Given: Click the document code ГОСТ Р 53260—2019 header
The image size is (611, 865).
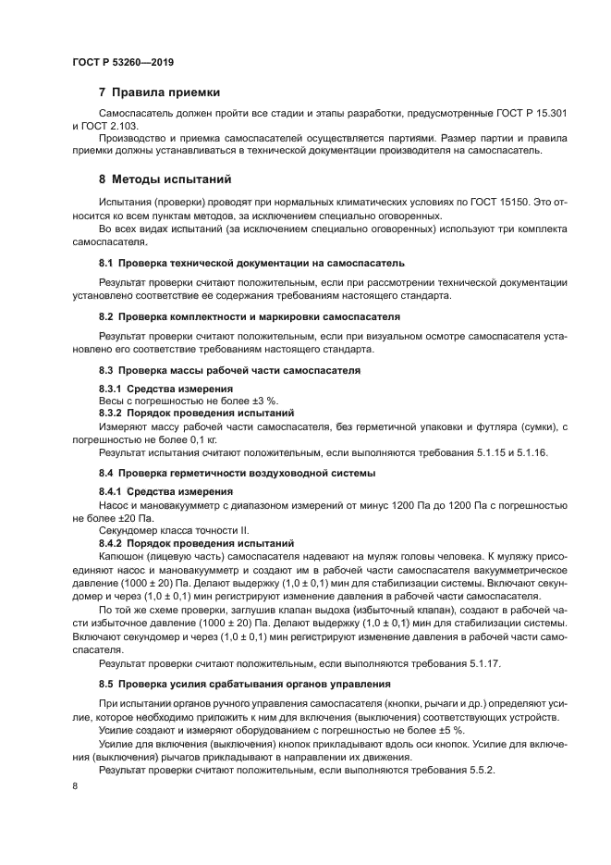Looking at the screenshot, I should click(x=122, y=62).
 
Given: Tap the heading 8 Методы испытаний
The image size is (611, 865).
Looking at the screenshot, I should click(x=165, y=179).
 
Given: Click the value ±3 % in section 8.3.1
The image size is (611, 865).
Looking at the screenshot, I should click(x=238, y=401).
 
